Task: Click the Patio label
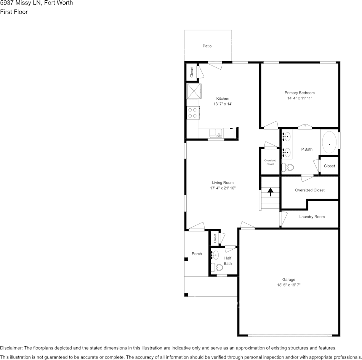pos(207,46)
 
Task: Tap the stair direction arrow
pos(271,192)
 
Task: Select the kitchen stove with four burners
pos(192,113)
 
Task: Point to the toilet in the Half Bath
pos(218,267)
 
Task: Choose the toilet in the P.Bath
pos(288,167)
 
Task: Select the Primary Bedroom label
pos(300,93)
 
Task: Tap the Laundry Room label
pos(312,217)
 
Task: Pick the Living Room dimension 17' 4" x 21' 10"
pos(223,188)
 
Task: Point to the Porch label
pos(197,254)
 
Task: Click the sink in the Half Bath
pos(215,255)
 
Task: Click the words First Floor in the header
pos(14,12)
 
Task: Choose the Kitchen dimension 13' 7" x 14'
pos(223,104)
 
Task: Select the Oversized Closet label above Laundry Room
pos(310,190)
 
